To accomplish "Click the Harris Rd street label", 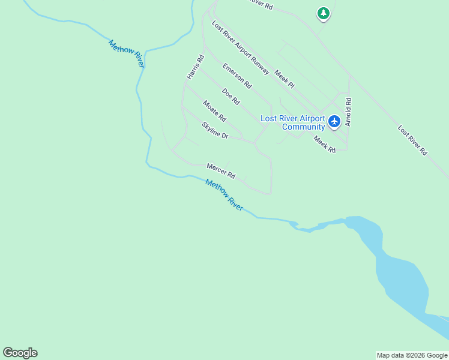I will [x=196, y=67].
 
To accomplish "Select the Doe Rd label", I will [x=231, y=95].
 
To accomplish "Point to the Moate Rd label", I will [x=214, y=110].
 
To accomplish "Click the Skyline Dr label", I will [x=215, y=131].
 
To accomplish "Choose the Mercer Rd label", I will [x=221, y=170].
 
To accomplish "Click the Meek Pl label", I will [x=285, y=79].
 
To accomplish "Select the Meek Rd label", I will [x=325, y=143].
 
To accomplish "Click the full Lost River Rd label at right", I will [x=412, y=140].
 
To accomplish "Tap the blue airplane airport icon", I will [x=334, y=122].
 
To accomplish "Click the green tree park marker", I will [x=324, y=13].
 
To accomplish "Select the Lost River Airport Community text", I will [x=293, y=122].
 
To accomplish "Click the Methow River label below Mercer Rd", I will [x=224, y=195].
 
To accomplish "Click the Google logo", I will [x=20, y=353].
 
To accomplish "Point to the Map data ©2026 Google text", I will [x=412, y=355].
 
